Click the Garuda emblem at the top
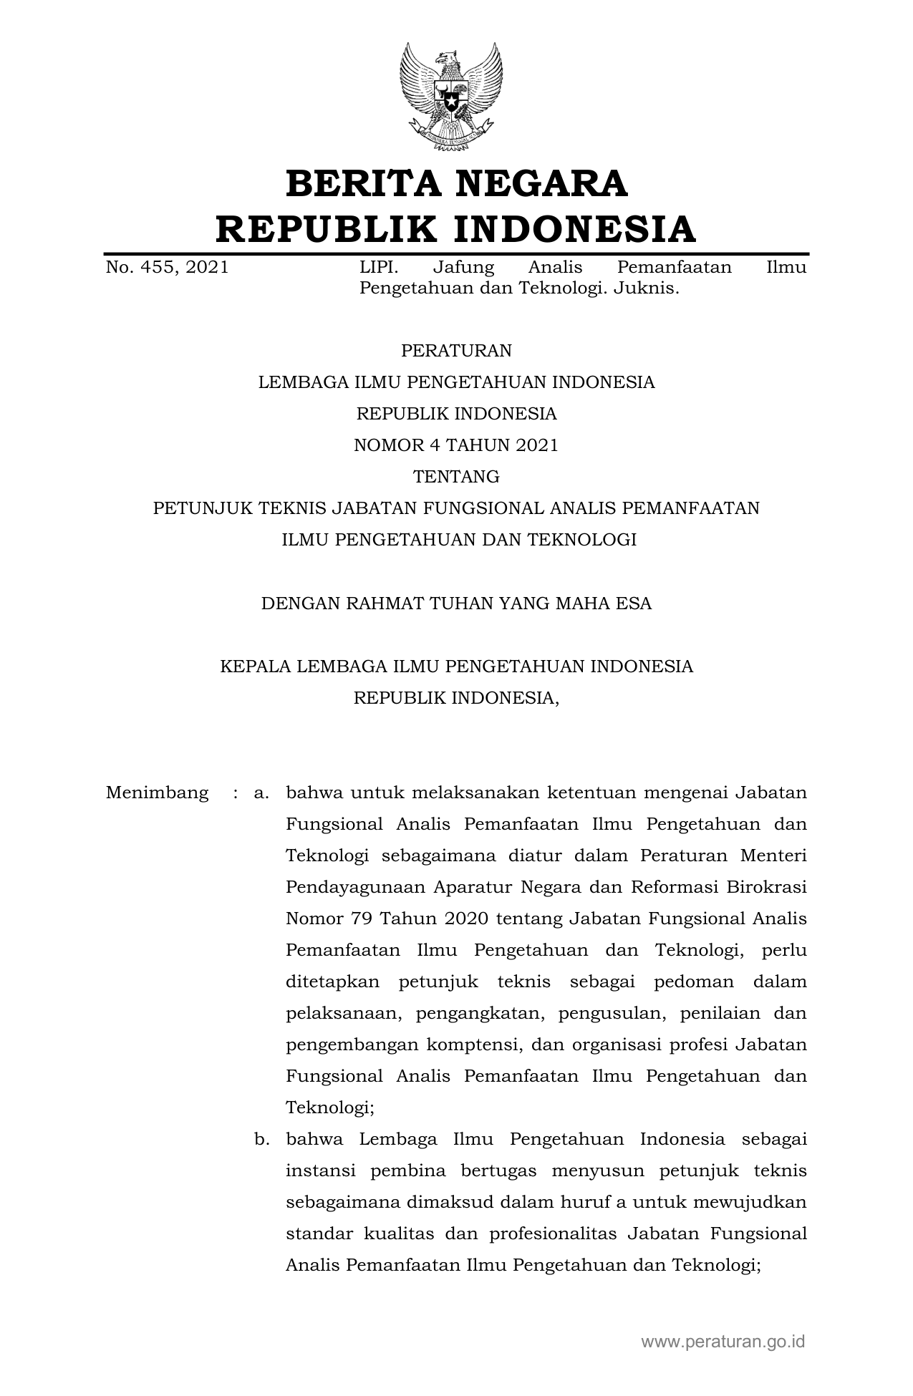451,97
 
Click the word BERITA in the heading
363,184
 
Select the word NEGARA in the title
541,184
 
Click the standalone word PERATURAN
456,351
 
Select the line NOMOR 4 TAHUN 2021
456,445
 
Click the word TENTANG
456,477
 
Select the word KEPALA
254,667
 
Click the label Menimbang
157,793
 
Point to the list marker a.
261,793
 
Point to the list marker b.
261,1140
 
